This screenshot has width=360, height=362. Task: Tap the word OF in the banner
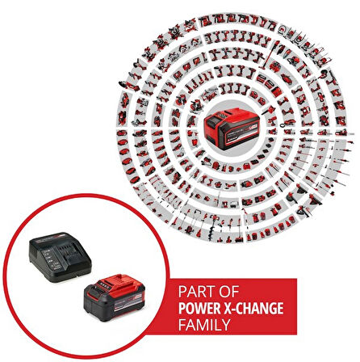(x=228, y=292)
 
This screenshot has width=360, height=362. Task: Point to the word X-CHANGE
(x=253, y=309)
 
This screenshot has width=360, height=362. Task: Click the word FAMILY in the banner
(x=204, y=325)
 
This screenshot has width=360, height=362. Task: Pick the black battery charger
(x=61, y=257)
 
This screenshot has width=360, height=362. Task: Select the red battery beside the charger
(x=115, y=297)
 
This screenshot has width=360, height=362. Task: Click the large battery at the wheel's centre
(x=232, y=128)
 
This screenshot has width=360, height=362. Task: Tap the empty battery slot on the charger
(x=70, y=252)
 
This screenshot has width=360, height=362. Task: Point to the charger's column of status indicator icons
(x=48, y=258)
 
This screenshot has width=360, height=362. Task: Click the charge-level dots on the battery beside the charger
(x=104, y=284)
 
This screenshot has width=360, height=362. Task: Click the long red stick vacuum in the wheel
(x=270, y=55)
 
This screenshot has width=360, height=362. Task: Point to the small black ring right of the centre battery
(x=282, y=125)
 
